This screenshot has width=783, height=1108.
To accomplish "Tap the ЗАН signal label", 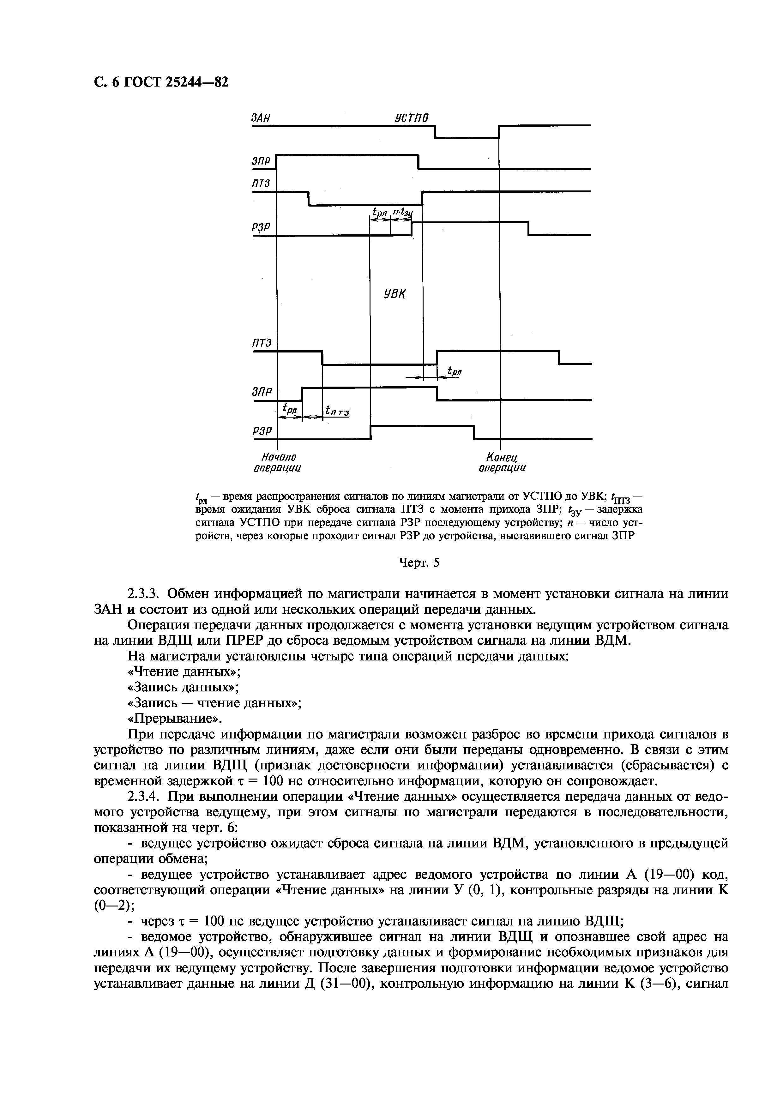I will (x=261, y=118).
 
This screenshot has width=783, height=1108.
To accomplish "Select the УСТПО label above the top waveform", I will (x=412, y=118).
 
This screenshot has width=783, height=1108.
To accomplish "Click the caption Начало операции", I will (x=278, y=462).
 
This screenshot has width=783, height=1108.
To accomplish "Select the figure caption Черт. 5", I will (x=419, y=563).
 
